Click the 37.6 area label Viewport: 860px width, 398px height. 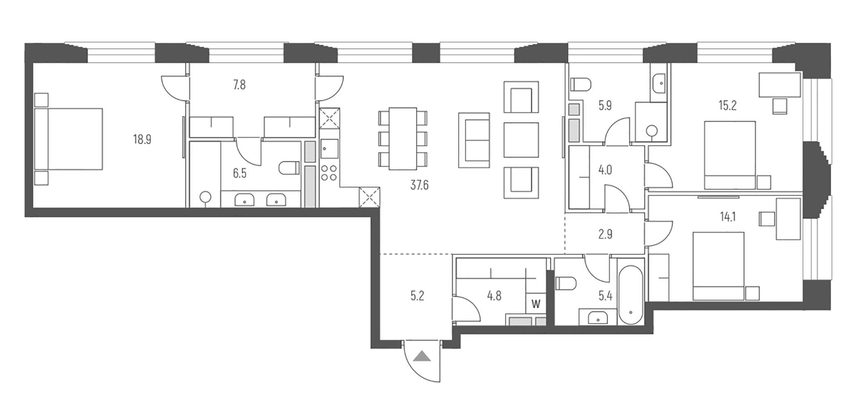tap(419, 185)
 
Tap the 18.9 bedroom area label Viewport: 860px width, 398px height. tap(142, 139)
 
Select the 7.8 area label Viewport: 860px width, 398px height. tap(239, 85)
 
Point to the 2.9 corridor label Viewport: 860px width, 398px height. tap(605, 234)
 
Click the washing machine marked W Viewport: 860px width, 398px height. tap(536, 304)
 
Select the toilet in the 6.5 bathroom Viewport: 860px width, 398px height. tap(289, 168)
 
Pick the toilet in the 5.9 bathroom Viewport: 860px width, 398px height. tap(581, 85)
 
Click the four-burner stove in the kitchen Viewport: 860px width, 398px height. tap(329, 173)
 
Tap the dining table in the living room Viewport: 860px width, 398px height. tap(403, 139)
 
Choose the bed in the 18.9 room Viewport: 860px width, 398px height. tap(70, 139)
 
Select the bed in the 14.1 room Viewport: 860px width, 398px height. tap(718, 266)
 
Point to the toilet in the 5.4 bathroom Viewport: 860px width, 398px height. tap(566, 283)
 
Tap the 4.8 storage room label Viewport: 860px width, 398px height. tap(494, 296)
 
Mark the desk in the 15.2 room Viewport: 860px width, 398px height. tap(779, 85)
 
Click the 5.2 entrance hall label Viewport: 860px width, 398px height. tap(417, 296)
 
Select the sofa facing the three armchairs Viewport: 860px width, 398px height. tap(474, 140)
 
